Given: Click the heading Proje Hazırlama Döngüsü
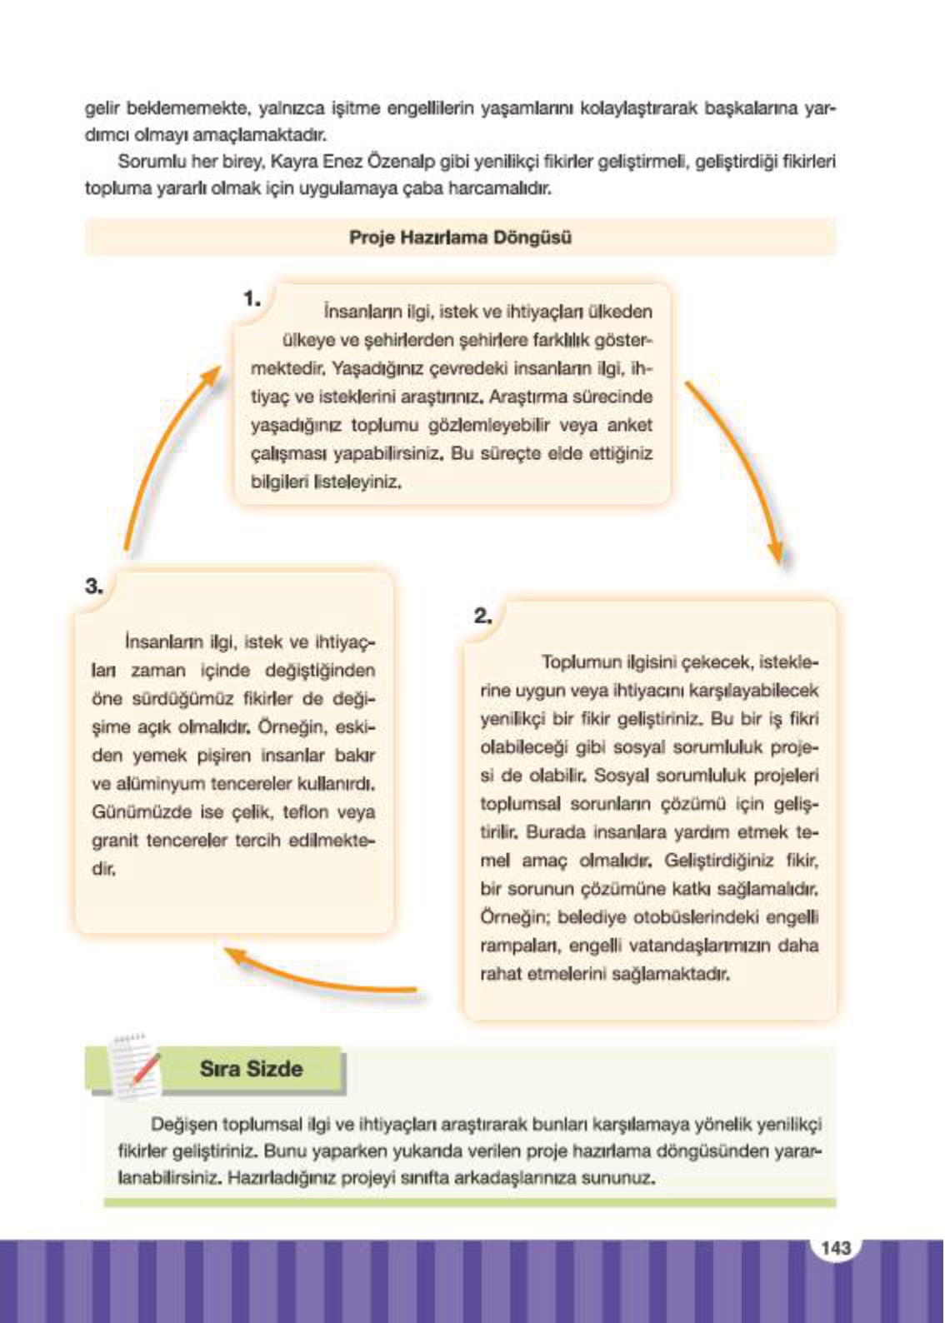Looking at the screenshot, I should pyautogui.click(x=460, y=237).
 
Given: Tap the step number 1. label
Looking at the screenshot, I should pyautogui.click(x=252, y=298).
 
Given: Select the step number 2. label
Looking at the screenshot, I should pyautogui.click(x=483, y=617).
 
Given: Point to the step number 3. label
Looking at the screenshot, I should pyautogui.click(x=94, y=586).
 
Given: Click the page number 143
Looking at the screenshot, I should pyautogui.click(x=835, y=1247).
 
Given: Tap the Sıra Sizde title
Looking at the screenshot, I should pyautogui.click(x=251, y=1069).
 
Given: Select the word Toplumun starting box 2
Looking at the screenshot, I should pyautogui.click(x=576, y=662).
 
